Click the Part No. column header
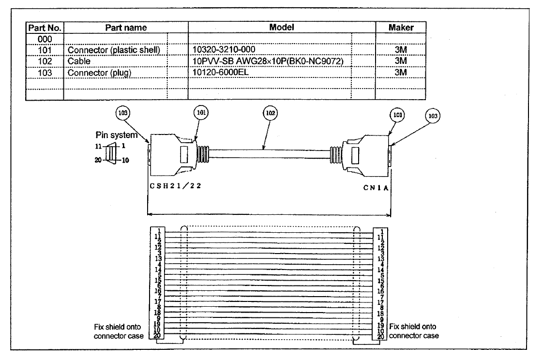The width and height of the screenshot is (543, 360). [45, 28]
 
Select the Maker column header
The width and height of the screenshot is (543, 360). [401, 28]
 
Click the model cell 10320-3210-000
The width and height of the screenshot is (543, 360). [224, 49]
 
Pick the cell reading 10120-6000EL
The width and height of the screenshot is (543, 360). [220, 73]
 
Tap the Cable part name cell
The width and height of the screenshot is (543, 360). [79, 61]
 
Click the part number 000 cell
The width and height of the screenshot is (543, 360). [45, 39]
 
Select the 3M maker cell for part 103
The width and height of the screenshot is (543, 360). [401, 73]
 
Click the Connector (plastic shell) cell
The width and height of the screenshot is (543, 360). [114, 50]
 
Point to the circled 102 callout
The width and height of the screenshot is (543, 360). [270, 113]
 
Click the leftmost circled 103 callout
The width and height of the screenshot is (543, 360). [122, 113]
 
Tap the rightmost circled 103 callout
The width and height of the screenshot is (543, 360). [433, 116]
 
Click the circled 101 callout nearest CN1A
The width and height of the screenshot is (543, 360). [397, 115]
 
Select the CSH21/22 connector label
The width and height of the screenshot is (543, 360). [175, 186]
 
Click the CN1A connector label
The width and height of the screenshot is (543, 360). [376, 188]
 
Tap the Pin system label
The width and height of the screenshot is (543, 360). [116, 135]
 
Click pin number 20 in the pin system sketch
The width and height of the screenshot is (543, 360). [98, 160]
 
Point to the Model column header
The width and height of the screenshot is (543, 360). [282, 28]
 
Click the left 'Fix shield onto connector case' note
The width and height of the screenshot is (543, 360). [119, 331]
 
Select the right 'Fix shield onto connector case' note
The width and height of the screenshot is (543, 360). [414, 331]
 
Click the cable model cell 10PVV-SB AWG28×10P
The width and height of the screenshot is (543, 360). [268, 61]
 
